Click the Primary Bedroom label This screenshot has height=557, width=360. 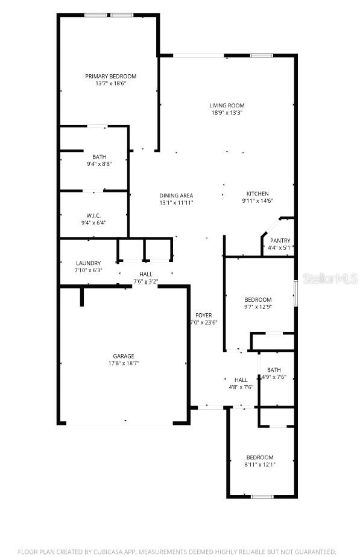pos(110,77)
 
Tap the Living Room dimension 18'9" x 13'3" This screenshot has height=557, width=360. pos(227,113)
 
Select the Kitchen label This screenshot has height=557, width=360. pos(257,194)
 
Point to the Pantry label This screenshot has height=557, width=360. pos(280,241)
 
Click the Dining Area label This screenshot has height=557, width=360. pos(176,196)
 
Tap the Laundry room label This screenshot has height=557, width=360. pos(88,263)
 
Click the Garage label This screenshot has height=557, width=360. pos(124,356)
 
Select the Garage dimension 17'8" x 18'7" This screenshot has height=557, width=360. pos(124,364)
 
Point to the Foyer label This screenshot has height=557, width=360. pos(203,316)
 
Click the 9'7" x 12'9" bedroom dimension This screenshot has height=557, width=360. pos(257,307)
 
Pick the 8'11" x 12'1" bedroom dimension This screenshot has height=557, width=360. pos(260,465)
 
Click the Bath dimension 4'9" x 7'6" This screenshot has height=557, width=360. pos(274,378)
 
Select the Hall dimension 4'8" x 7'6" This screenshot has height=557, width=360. pos(241,387)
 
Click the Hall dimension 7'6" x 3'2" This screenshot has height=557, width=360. pos(145,282)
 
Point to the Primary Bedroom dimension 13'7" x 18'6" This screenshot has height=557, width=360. pos(110,84)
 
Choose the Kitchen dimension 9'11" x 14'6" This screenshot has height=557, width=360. pos(257,201)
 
